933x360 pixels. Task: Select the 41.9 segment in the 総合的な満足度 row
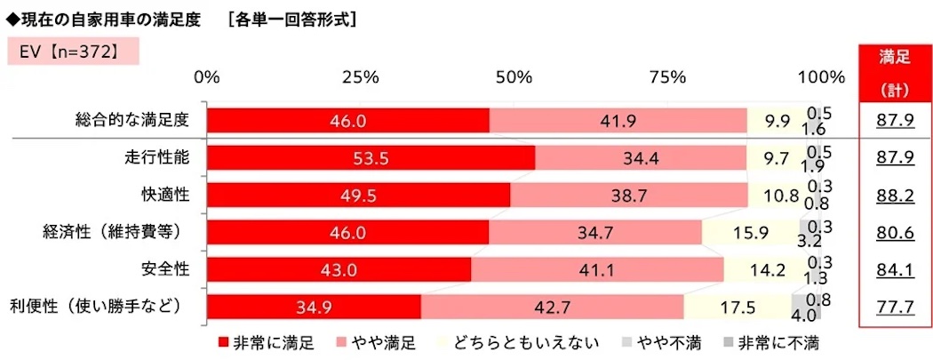(618, 120)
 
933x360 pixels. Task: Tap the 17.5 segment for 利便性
(737, 308)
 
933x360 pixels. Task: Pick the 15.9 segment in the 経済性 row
(750, 233)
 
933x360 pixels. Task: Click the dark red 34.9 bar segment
(314, 308)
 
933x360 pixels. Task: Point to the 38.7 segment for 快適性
(628, 196)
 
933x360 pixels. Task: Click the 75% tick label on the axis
(666, 77)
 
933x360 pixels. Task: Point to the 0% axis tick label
(207, 77)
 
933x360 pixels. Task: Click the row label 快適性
(161, 195)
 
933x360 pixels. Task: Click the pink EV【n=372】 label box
(61, 53)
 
